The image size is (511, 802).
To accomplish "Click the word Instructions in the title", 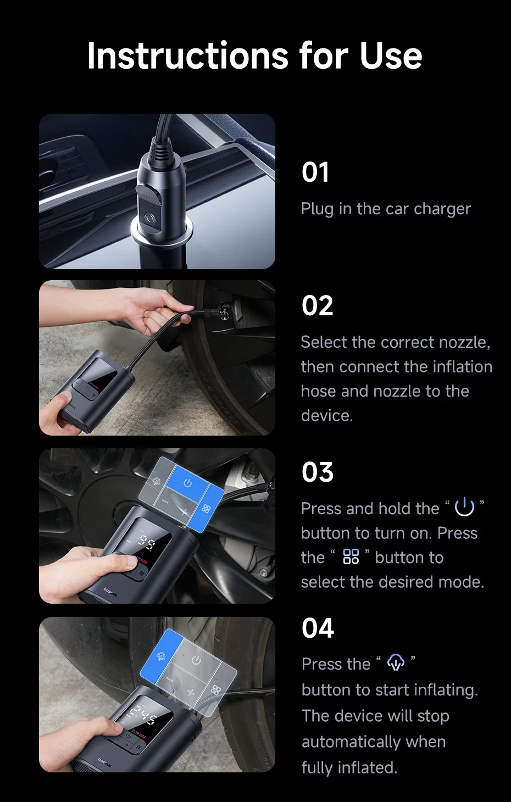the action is [x=187, y=55].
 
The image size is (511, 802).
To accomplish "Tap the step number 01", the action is [x=315, y=172].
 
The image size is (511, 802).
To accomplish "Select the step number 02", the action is [x=317, y=305].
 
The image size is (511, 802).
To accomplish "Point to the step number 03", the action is [x=318, y=472].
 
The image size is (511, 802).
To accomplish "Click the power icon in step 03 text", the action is [x=464, y=506].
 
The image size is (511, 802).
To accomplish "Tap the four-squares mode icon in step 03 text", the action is [x=351, y=556].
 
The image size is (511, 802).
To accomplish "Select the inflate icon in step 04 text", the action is [x=396, y=662].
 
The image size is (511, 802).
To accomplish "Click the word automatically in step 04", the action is [x=374, y=742].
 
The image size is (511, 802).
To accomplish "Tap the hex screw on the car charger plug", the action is [x=148, y=218].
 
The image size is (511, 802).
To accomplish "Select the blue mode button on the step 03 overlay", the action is [x=205, y=508].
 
